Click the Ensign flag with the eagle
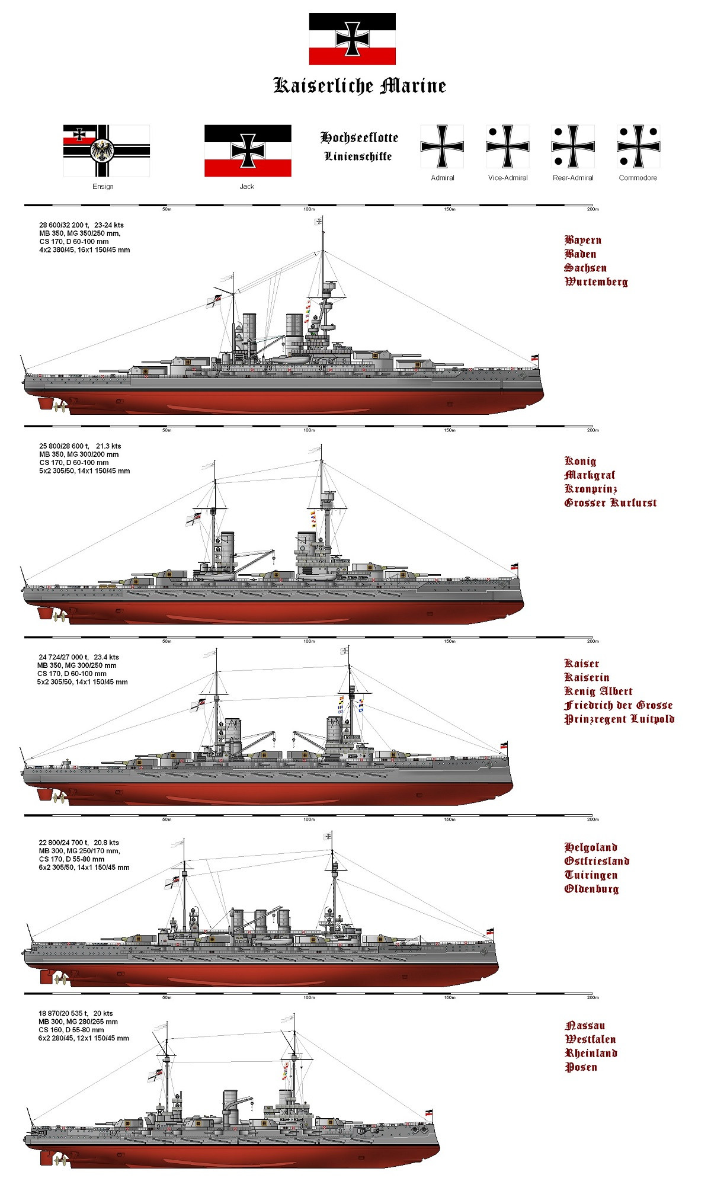(x=106, y=151)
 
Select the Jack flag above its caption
(x=248, y=151)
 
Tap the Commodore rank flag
(x=638, y=146)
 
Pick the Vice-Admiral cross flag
(x=507, y=146)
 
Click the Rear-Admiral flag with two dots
(x=573, y=146)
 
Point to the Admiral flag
(x=442, y=146)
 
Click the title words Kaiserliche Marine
(x=359, y=86)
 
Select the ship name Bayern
(x=583, y=240)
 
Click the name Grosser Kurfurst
(x=610, y=503)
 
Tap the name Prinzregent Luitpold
(x=619, y=719)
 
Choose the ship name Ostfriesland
(x=597, y=861)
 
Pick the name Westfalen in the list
(x=590, y=1039)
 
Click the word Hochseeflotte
(x=359, y=137)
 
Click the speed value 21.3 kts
(x=108, y=446)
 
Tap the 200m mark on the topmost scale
(x=592, y=209)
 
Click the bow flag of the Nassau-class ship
(x=428, y=1113)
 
